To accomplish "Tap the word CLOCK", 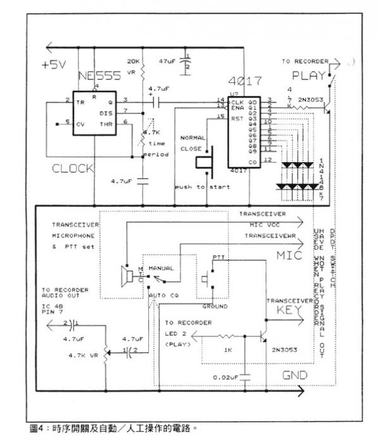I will coord(72,168).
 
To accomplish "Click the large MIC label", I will coord(289,255).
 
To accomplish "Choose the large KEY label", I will coord(291,310).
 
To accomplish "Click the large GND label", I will coord(294,375).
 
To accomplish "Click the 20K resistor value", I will coord(133,61).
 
